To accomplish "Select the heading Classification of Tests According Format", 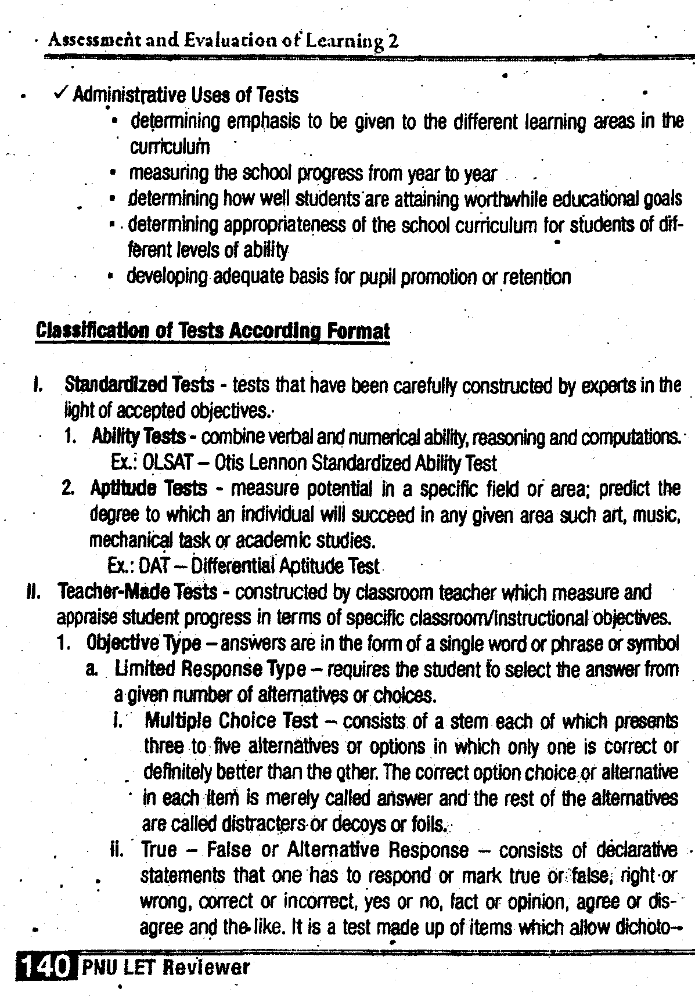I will point(213,331).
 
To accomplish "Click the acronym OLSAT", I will point(163,463).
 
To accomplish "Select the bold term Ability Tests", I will point(139,436).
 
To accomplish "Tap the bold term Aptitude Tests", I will point(149,488).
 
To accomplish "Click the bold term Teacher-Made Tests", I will point(138,592).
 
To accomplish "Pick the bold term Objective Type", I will point(143,644).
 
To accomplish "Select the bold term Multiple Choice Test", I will point(231,721).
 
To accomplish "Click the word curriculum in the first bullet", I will point(170,147).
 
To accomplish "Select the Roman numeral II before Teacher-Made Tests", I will point(33,592).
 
